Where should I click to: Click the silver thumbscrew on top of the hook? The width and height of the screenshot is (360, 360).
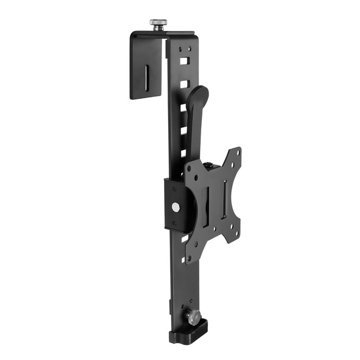[x=156, y=24]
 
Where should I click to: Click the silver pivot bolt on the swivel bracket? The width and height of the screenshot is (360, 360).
[x=175, y=207]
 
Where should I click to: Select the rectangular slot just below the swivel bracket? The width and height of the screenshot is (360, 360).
[x=184, y=239]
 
